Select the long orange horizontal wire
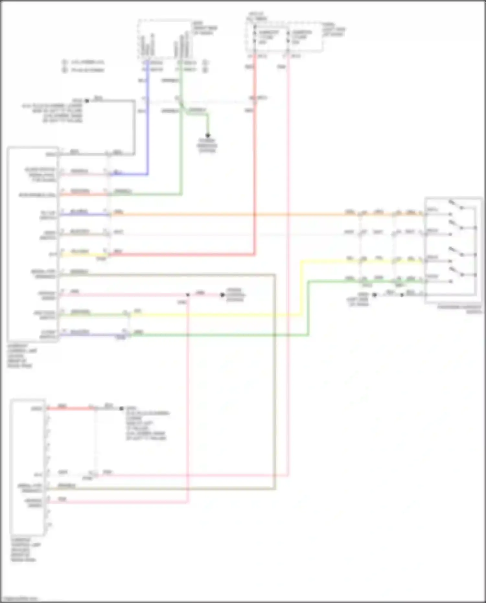(x=227, y=215)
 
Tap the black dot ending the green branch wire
(x=208, y=135)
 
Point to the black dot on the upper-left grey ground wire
(x=87, y=101)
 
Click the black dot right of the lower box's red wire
(x=121, y=409)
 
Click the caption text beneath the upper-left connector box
(x=21, y=356)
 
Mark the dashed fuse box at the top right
(x=284, y=37)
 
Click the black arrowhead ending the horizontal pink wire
(x=222, y=295)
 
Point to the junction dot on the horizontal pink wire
(x=188, y=295)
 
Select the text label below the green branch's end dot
(x=207, y=145)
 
